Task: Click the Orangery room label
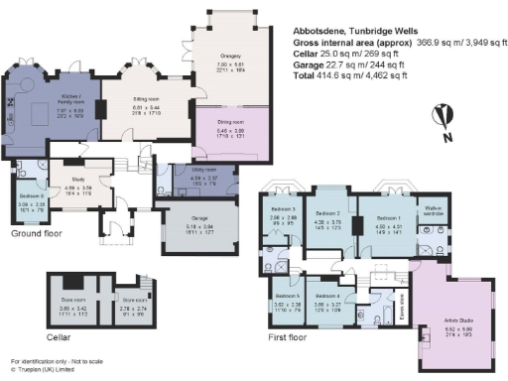click(223, 57)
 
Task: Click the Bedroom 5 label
click(288, 296)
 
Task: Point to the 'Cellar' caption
click(34, 335)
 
